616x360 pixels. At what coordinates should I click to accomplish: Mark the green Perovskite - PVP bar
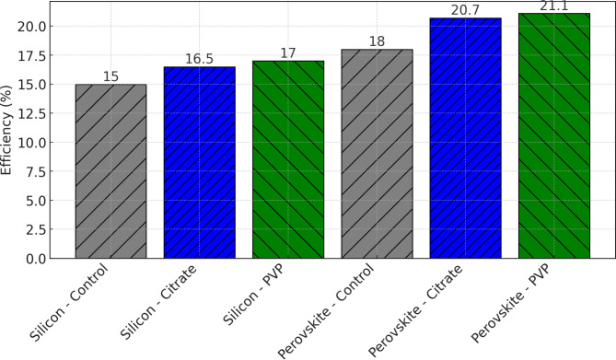click(x=554, y=135)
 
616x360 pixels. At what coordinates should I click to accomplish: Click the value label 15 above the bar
click(x=110, y=76)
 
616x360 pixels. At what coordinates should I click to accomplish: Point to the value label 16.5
click(x=200, y=59)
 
